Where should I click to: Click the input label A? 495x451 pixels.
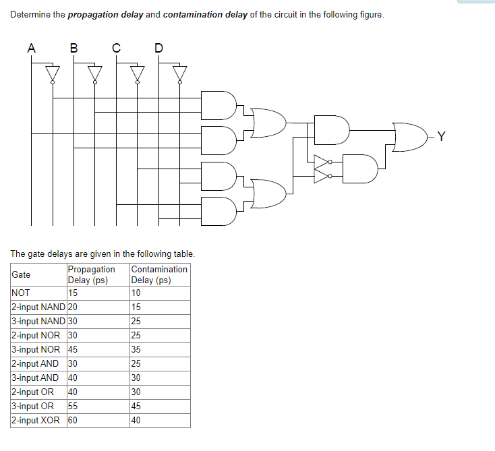tap(31, 48)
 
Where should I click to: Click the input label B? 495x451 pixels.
tap(74, 48)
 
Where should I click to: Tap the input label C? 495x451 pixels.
tap(116, 48)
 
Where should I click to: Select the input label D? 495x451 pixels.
tap(158, 48)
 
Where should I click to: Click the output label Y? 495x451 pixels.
tap(441, 137)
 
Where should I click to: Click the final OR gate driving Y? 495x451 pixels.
tap(409, 137)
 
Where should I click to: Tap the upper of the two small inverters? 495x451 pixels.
tap(324, 162)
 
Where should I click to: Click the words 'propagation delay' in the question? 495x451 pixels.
tap(106, 15)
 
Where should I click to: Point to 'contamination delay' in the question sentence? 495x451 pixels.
tap(205, 15)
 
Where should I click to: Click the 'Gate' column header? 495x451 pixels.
tap(21, 274)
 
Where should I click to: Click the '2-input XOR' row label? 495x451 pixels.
tap(35, 420)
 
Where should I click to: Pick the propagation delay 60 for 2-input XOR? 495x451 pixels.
tap(73, 420)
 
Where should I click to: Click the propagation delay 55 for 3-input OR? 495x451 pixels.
tap(73, 406)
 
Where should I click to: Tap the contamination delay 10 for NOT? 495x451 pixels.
tap(136, 293)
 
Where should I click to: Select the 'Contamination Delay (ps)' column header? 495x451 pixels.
tap(159, 274)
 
